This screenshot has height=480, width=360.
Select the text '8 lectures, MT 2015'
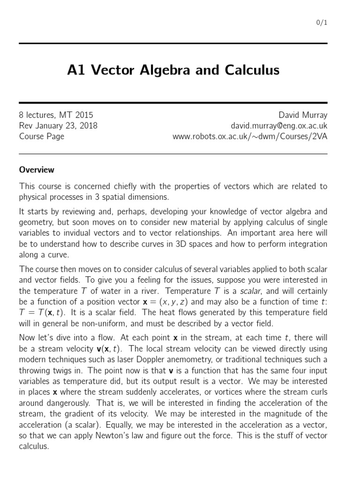[x=56, y=115]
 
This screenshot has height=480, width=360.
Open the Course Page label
[x=42, y=136]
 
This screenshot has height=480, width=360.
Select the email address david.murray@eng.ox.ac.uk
[x=279, y=126]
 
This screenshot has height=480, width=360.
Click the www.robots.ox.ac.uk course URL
[x=250, y=136]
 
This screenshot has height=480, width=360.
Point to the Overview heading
[x=37, y=170]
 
